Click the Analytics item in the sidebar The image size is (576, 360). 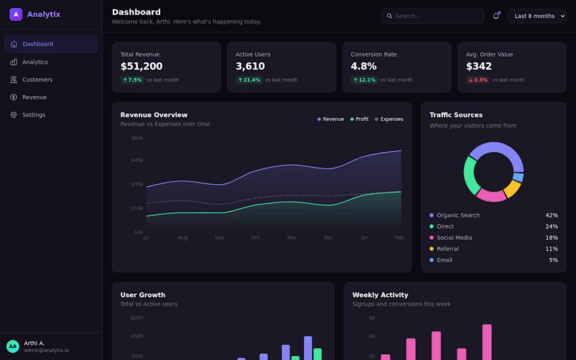(x=35, y=62)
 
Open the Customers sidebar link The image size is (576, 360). (x=37, y=80)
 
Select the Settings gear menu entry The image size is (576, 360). (x=34, y=115)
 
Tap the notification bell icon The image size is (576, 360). (x=496, y=16)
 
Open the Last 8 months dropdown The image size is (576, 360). (x=537, y=16)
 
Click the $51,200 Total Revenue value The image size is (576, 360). (x=141, y=66)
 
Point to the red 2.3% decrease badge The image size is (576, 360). (x=478, y=80)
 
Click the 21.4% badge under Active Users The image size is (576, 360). (x=249, y=80)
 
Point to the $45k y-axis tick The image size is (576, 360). (x=137, y=160)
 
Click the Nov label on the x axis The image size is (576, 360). (x=292, y=238)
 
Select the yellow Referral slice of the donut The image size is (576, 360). (x=513, y=189)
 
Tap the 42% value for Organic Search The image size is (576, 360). (x=551, y=215)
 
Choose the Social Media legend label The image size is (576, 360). (x=454, y=238)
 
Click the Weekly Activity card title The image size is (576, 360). (x=380, y=295)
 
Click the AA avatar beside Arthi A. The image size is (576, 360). (x=13, y=346)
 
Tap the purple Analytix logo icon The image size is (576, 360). (x=16, y=14)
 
